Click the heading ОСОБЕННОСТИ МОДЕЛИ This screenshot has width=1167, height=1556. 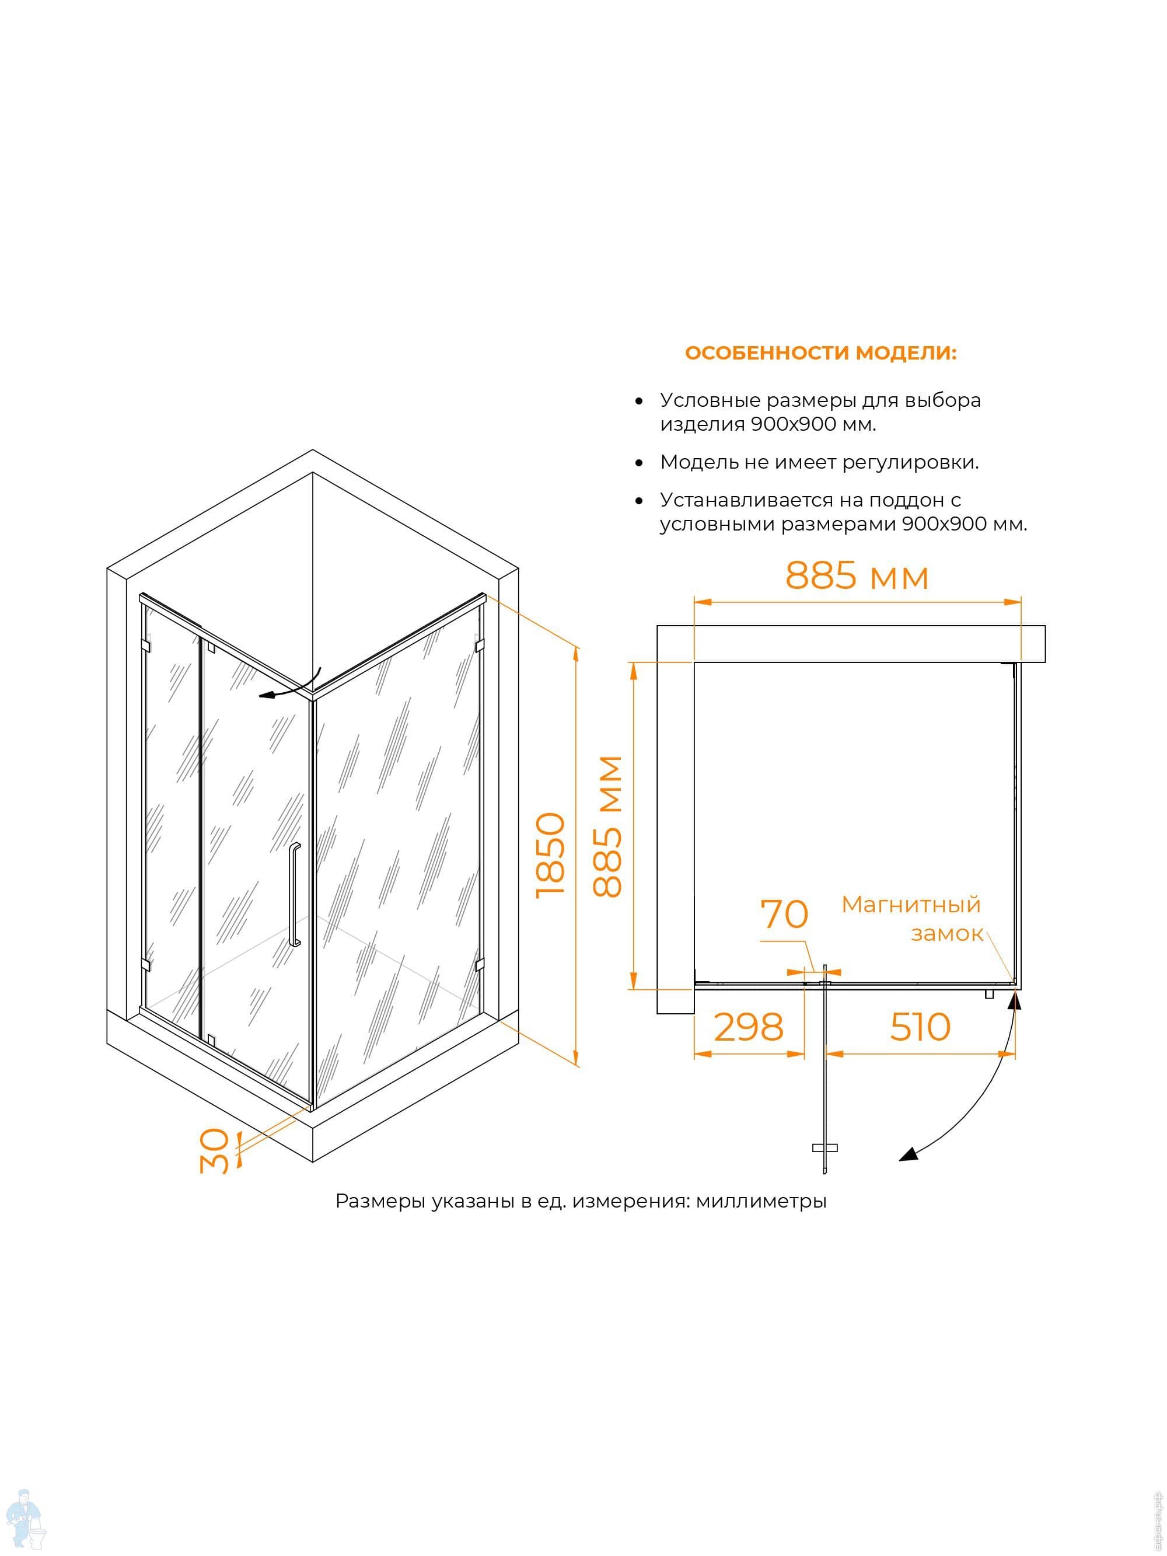click(820, 353)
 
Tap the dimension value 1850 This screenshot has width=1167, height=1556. click(550, 854)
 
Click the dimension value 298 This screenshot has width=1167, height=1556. click(749, 1028)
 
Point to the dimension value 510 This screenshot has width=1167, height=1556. click(920, 1027)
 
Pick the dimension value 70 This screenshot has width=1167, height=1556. click(784, 915)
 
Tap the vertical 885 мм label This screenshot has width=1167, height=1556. click(607, 826)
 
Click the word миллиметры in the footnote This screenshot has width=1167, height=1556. click(761, 1201)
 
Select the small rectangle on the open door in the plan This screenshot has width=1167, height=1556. click(824, 1148)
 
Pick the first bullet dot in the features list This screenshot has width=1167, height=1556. click(639, 401)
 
